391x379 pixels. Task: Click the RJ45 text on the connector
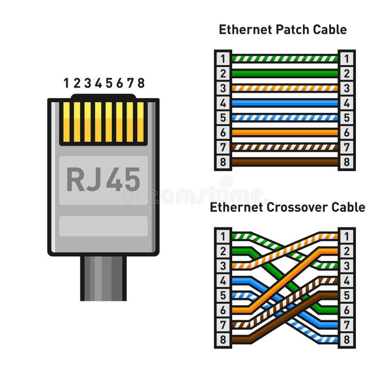(x=103, y=179)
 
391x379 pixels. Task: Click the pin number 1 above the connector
(x=66, y=83)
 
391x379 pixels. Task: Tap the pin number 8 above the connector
(x=141, y=83)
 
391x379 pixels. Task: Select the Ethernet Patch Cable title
(x=283, y=30)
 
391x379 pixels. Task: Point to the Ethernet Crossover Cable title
(x=287, y=207)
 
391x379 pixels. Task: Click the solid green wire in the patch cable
(x=285, y=73)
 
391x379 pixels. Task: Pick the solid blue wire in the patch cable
(x=285, y=103)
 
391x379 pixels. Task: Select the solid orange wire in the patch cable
(x=285, y=132)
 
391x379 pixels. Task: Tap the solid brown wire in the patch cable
(x=285, y=162)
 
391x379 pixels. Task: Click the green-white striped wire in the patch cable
(x=285, y=59)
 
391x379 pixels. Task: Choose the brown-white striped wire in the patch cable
(x=285, y=147)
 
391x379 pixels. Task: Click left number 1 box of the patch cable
(x=223, y=59)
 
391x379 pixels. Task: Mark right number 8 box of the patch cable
(x=346, y=162)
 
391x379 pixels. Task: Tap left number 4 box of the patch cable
(x=223, y=103)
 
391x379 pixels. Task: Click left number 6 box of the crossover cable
(x=223, y=310)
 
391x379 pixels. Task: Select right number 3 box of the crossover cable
(x=346, y=265)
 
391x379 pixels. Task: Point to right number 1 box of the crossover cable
(x=346, y=236)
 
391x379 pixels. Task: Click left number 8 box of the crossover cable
(x=223, y=339)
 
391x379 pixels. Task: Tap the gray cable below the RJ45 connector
(x=103, y=278)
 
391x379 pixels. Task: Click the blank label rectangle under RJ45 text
(x=103, y=226)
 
